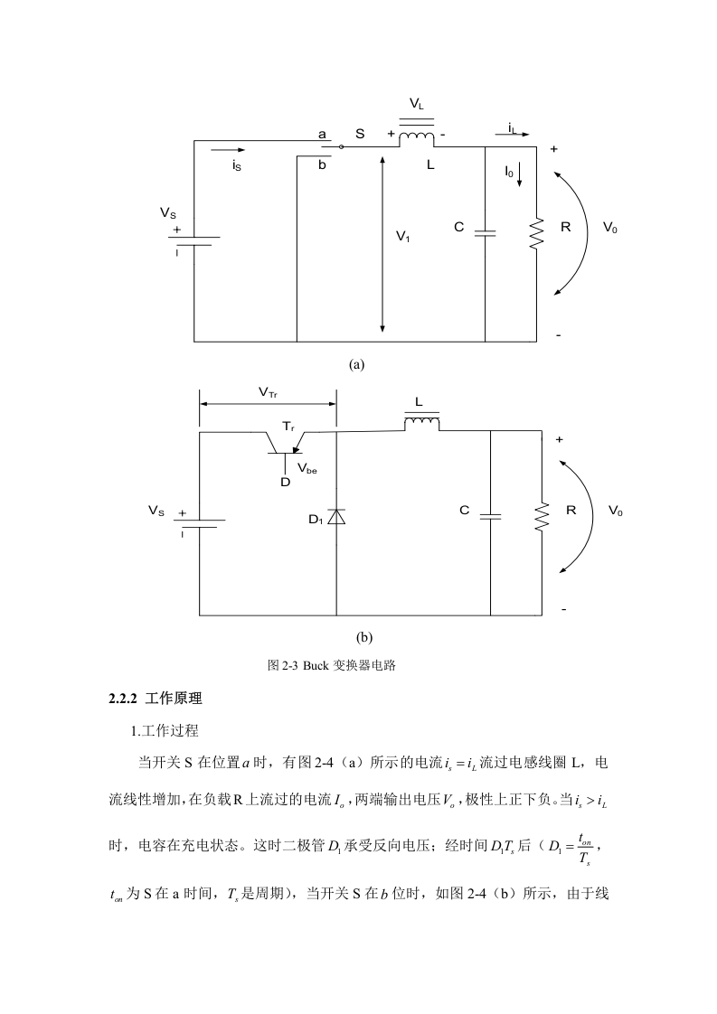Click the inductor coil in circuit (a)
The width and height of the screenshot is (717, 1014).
(417, 137)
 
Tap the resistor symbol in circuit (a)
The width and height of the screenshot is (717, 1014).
(536, 234)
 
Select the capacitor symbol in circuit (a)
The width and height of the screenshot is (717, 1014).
(485, 232)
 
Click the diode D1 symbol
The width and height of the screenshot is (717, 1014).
(335, 516)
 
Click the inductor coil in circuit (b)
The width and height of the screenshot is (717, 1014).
(422, 423)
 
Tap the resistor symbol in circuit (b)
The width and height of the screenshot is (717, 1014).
(541, 517)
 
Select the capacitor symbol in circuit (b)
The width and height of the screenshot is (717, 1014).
(491, 517)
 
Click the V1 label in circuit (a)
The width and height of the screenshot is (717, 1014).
(403, 237)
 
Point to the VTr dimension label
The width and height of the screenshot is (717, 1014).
(268, 392)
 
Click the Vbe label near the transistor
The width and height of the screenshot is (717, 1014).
(307, 468)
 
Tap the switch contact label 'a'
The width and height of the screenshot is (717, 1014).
(322, 136)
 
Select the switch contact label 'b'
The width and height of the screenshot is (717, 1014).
(322, 164)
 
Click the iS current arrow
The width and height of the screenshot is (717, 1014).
(228, 150)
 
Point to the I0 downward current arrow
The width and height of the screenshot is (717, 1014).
(519, 174)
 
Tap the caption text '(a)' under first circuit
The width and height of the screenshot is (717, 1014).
(356, 365)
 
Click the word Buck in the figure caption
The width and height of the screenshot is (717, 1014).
(316, 665)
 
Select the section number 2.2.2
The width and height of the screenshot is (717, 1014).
(124, 699)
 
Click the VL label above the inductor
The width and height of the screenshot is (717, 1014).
(417, 104)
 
